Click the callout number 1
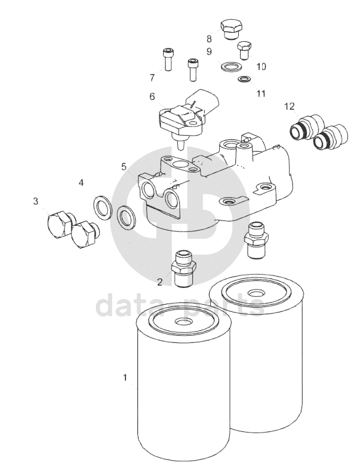click(x=125, y=377)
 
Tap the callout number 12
click(x=290, y=106)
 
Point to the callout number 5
click(x=124, y=167)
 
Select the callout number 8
click(x=209, y=39)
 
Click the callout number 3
click(x=36, y=201)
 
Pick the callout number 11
click(x=261, y=94)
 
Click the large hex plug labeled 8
click(x=231, y=29)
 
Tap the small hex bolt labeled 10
click(x=244, y=50)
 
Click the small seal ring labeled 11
click(x=243, y=79)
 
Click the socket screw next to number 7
click(x=168, y=60)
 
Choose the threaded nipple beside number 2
click(x=183, y=268)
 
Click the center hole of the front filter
click(x=183, y=321)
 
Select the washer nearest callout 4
click(x=103, y=207)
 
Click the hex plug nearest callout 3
click(x=60, y=223)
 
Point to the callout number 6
click(x=152, y=97)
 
